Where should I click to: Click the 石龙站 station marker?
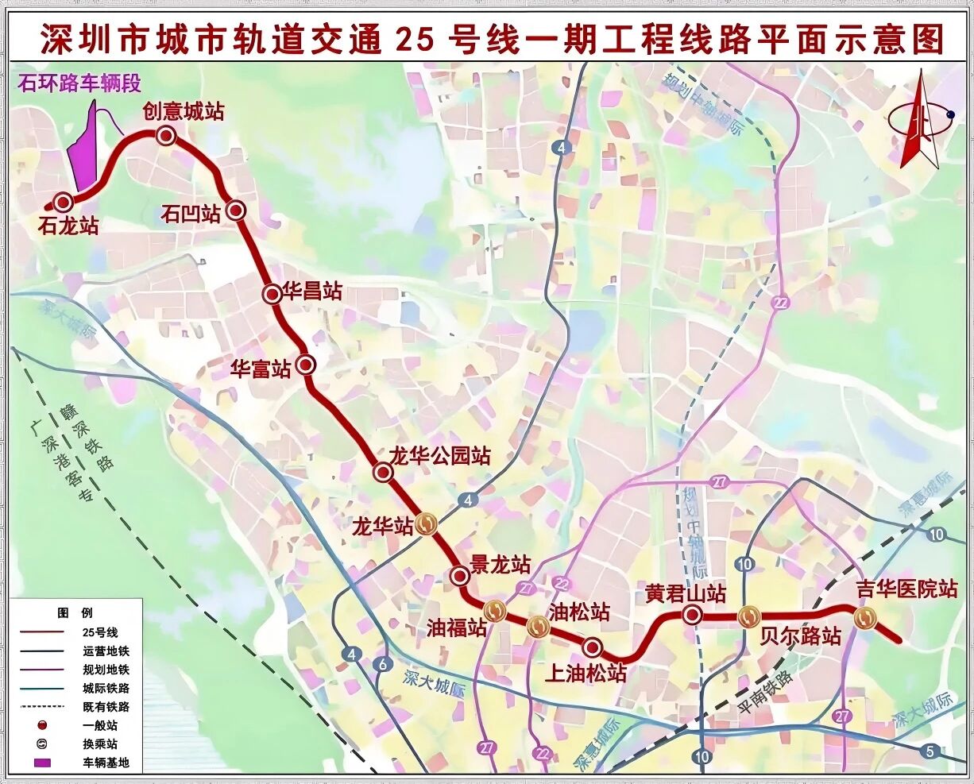pyautogui.click(x=60, y=202)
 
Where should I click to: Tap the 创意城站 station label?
pyautogui.click(x=183, y=111)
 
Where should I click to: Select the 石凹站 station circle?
pyautogui.click(x=236, y=210)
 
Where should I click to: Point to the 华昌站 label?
pyautogui.click(x=312, y=292)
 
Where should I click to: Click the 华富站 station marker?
pyautogui.click(x=306, y=365)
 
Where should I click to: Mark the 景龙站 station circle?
pyautogui.click(x=458, y=575)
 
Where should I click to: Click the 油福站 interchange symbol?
pyautogui.click(x=495, y=610)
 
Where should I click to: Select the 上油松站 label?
pyautogui.click(x=586, y=674)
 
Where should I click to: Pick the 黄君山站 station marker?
pyautogui.click(x=692, y=614)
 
